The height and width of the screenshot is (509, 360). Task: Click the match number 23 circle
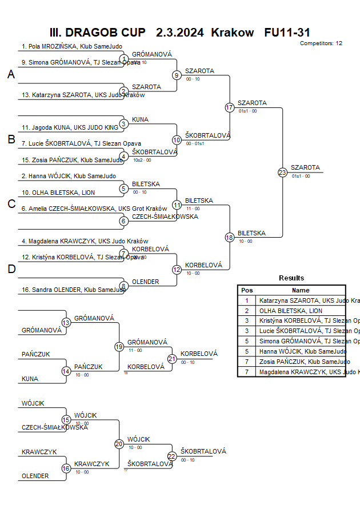[282, 172]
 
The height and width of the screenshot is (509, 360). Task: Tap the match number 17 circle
[230, 107]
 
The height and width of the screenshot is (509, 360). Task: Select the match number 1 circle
[124, 59]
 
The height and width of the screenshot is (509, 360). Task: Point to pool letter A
[11, 75]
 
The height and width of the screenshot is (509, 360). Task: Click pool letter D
[11, 270]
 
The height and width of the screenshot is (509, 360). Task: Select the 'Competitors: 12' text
[321, 43]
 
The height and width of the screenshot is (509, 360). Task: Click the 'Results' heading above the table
[291, 278]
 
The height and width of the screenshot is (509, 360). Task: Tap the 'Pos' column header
[247, 290]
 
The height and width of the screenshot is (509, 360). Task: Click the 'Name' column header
[301, 290]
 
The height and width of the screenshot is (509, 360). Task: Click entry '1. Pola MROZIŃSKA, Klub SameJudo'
[71, 47]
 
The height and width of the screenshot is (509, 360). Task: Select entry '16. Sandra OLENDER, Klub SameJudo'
[73, 290]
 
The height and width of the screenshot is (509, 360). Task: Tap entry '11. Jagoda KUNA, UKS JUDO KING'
[70, 127]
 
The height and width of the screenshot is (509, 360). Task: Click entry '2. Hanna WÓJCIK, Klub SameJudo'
[69, 176]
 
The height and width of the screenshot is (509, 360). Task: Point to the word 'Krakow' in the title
[232, 33]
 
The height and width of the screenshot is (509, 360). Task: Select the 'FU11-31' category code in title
[287, 33]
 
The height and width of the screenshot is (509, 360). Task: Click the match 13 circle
[66, 323]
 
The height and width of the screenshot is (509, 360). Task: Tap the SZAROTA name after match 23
[306, 167]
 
